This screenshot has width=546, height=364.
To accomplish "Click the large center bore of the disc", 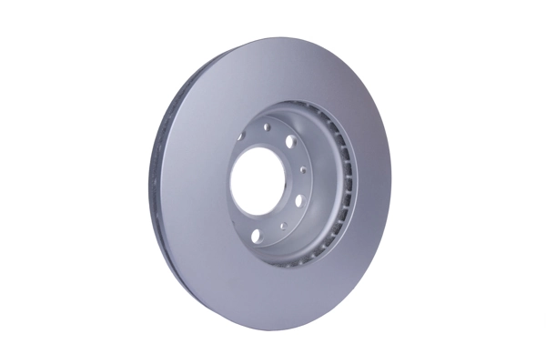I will click(x=258, y=180).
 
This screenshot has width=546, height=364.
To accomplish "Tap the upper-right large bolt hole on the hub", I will click(x=290, y=141).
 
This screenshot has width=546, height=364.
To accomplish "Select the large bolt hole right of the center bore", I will click(x=299, y=200).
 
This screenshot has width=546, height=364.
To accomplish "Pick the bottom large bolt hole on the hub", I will click(x=257, y=236).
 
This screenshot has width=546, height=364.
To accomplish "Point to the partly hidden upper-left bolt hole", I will click(x=241, y=136).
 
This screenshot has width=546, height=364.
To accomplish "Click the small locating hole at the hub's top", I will click(x=267, y=126).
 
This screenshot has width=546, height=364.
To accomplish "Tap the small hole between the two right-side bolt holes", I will click(x=303, y=169).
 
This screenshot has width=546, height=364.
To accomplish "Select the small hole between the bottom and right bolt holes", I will click(x=283, y=226).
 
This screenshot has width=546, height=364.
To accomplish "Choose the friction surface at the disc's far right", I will click(x=373, y=182).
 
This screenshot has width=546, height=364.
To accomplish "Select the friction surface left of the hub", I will click(x=191, y=182).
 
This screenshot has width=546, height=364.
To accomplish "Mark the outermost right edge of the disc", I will click(x=391, y=182).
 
